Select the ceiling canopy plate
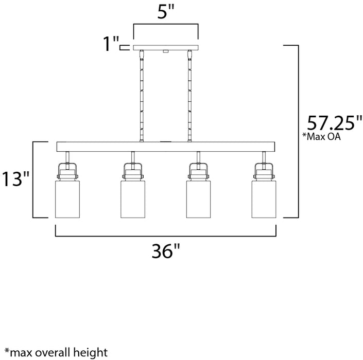[165, 48]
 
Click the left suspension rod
[141, 95]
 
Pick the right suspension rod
[189, 95]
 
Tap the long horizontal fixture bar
[164, 147]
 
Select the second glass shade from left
[132, 198]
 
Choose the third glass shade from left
[197, 198]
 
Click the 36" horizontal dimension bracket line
[164, 236]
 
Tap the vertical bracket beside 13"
[34, 180]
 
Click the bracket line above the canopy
[165, 24]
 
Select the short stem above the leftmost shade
[67, 157]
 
